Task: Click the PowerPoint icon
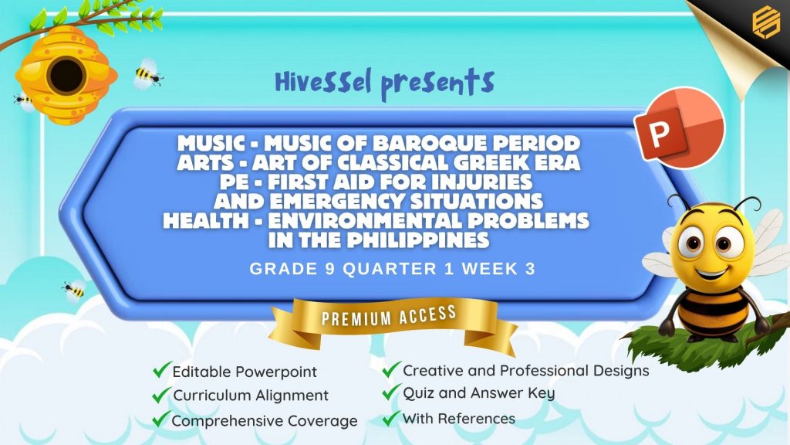(679, 128)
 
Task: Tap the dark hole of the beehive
(66, 76)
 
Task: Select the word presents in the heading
(437, 83)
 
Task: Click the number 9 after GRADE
(330, 269)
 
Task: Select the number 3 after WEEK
(530, 269)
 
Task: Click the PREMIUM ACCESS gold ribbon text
(389, 316)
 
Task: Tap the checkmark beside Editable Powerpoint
(160, 370)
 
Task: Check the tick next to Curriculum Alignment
(160, 395)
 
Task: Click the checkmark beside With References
(390, 418)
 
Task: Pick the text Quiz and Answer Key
(478, 393)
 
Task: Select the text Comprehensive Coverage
(265, 421)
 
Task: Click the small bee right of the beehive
(147, 75)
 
